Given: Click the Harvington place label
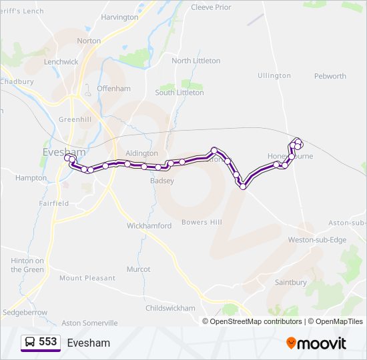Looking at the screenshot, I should point(119,17).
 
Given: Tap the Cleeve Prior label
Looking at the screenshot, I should point(211,7).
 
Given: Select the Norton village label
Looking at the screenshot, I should point(89,41).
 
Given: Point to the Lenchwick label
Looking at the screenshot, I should point(61,61).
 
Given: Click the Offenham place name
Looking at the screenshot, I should point(113,88).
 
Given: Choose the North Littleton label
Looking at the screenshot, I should point(196,61).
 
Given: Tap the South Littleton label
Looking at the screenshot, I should point(179,93).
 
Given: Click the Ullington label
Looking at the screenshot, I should point(274,76).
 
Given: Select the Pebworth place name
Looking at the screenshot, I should point(330,76).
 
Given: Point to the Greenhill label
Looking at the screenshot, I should point(75,119).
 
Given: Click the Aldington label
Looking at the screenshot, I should point(141,153).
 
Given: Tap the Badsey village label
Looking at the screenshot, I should point(162,181).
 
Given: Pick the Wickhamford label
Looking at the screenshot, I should point(149,226).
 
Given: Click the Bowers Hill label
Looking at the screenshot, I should point(202,222).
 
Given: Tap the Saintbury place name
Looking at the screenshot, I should point(291,283).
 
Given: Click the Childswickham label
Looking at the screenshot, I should point(171,308).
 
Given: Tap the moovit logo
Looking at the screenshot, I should point(316,343).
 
